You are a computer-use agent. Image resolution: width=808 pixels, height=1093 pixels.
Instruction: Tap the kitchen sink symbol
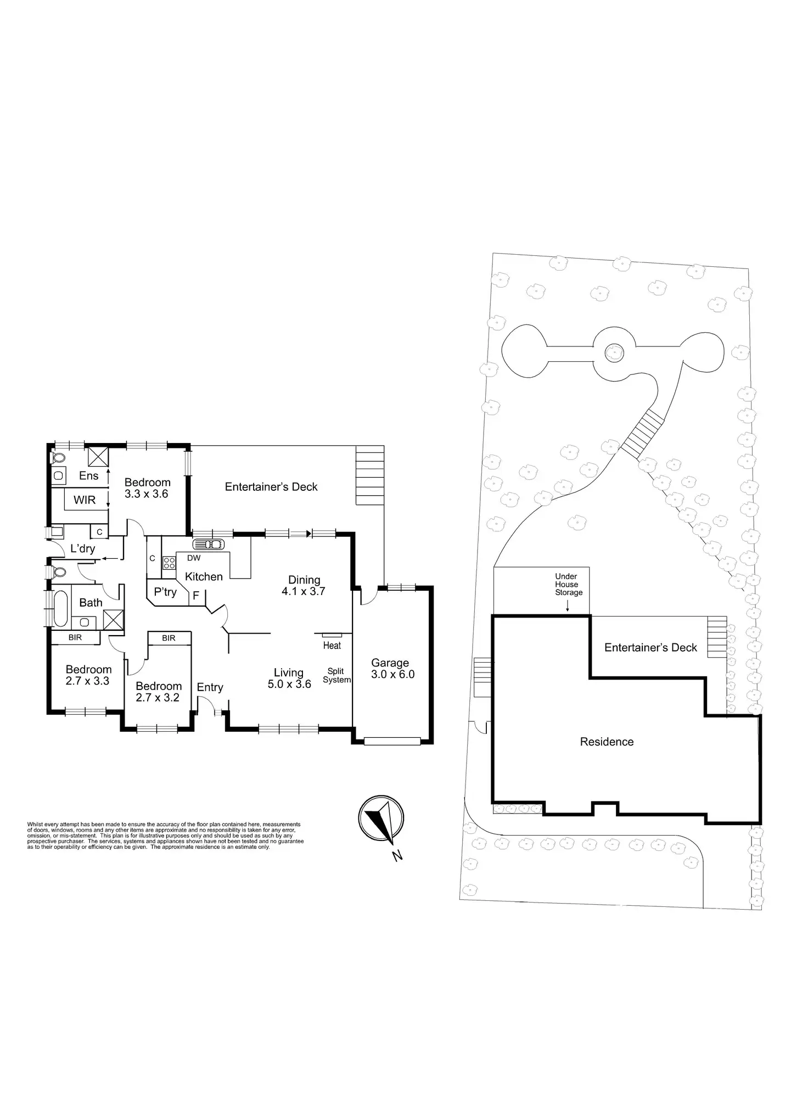coord(209,544)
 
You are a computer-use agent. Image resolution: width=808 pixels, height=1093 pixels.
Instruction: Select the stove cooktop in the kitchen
coord(169,562)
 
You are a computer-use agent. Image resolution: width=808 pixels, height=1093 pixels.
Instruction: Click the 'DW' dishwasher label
coord(194,558)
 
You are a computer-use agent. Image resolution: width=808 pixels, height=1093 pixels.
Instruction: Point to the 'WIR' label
coord(85,500)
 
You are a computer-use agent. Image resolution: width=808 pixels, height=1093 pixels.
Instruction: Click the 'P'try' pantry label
coord(165,592)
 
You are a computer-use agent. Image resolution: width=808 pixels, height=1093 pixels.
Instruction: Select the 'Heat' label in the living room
coord(332,646)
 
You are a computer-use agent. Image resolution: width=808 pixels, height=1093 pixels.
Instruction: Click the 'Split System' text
coord(336,675)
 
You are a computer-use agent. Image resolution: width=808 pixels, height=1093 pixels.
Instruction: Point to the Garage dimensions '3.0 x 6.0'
coord(392,675)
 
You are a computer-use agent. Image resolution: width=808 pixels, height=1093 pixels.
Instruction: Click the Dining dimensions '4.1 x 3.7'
coord(304,591)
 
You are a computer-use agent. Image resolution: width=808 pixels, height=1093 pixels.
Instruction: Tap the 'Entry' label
coord(210,687)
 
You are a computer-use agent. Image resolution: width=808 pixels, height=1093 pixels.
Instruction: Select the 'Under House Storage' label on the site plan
coord(569,584)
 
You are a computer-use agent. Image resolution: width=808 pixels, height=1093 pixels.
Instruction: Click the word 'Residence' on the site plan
coord(607,742)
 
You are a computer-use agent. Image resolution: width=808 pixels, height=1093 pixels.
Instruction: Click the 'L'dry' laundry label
coord(83,548)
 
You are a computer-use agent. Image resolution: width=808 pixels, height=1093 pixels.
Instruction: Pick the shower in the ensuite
coord(99,457)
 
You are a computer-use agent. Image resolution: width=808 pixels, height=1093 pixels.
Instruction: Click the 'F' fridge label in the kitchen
coord(196,596)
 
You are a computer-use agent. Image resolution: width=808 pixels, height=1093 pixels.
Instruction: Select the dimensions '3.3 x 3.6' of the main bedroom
coord(146,494)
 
